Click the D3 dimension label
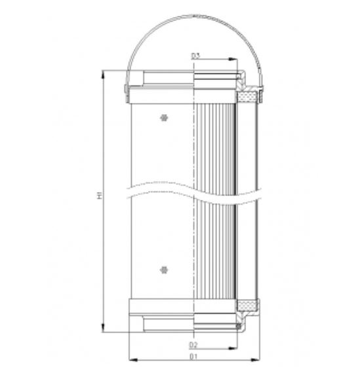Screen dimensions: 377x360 tap(195, 56)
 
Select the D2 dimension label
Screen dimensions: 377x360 tap(193, 344)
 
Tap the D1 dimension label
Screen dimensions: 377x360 tap(193, 356)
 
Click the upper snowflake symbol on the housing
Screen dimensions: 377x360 tap(163, 117)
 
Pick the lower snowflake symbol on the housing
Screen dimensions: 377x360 tap(163, 269)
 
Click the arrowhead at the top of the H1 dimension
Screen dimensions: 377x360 tap(104, 74)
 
